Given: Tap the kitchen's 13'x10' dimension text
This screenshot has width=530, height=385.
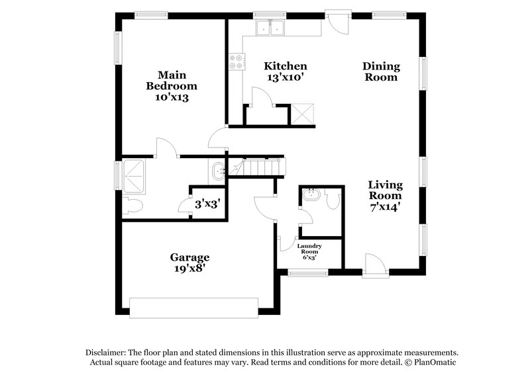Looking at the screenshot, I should pyautogui.click(x=286, y=77).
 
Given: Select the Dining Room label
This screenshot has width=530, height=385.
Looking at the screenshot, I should pyautogui.click(x=380, y=71).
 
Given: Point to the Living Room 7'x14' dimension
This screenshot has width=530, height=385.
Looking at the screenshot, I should pyautogui.click(x=385, y=206).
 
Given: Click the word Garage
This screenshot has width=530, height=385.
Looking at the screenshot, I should pyautogui.click(x=189, y=257).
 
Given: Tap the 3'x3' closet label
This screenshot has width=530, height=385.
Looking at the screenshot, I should pyautogui.click(x=206, y=204).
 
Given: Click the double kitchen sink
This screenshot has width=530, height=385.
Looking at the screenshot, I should pyautogui.click(x=271, y=28).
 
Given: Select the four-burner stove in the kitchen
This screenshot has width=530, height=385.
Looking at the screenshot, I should pyautogui.click(x=235, y=62).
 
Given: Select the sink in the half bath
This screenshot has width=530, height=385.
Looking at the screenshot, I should pyautogui.click(x=310, y=196).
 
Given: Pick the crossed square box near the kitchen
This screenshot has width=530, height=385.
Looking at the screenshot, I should pyautogui.click(x=303, y=114).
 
